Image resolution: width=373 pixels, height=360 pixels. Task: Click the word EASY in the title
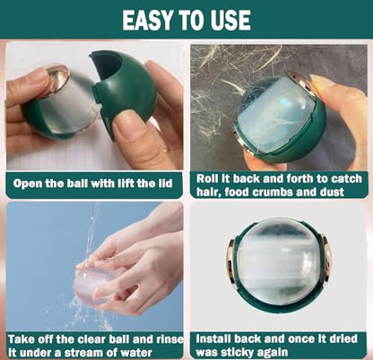tap(148, 20)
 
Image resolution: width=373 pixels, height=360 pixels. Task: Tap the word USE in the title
tap(230, 20)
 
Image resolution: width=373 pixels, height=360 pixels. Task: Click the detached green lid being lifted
tap(124, 89)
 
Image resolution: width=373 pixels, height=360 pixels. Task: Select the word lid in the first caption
tap(165, 183)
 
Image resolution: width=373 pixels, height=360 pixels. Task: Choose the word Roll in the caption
tap(207, 178)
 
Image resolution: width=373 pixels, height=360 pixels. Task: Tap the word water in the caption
tap(136, 353)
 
